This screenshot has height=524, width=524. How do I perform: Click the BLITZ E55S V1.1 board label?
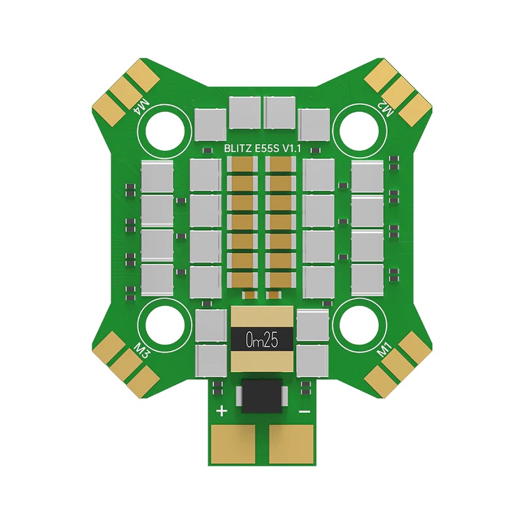pos(263,149)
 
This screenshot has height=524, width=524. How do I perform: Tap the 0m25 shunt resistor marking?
pos(262,340)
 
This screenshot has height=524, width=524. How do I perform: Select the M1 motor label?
pos(384,351)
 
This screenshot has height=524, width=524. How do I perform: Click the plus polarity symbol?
pos(222,411)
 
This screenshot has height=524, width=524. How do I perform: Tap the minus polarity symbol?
pos(304,411)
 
